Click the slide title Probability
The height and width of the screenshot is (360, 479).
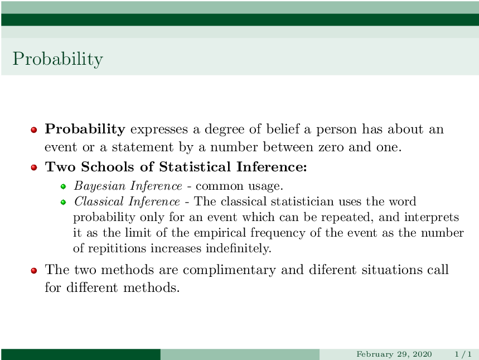(x=58, y=59)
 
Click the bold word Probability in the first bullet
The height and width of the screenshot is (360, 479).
(x=85, y=129)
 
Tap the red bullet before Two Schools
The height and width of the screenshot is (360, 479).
(x=34, y=167)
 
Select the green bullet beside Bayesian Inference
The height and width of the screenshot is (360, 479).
(x=63, y=186)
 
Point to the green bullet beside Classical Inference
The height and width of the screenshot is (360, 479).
(x=63, y=202)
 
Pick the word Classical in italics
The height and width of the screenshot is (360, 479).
(x=99, y=201)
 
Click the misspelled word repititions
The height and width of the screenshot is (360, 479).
(x=117, y=248)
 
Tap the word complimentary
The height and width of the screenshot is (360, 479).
(x=229, y=270)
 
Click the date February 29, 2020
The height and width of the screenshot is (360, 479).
(x=394, y=354)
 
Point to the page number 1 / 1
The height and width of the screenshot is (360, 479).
(x=463, y=354)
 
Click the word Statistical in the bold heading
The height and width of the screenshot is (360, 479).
(x=195, y=167)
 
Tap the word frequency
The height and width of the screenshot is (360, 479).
(x=278, y=233)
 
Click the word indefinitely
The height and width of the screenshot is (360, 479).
(x=238, y=248)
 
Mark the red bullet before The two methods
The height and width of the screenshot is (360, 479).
(x=34, y=270)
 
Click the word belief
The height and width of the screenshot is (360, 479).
(x=283, y=129)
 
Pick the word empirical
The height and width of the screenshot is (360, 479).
(x=220, y=233)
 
